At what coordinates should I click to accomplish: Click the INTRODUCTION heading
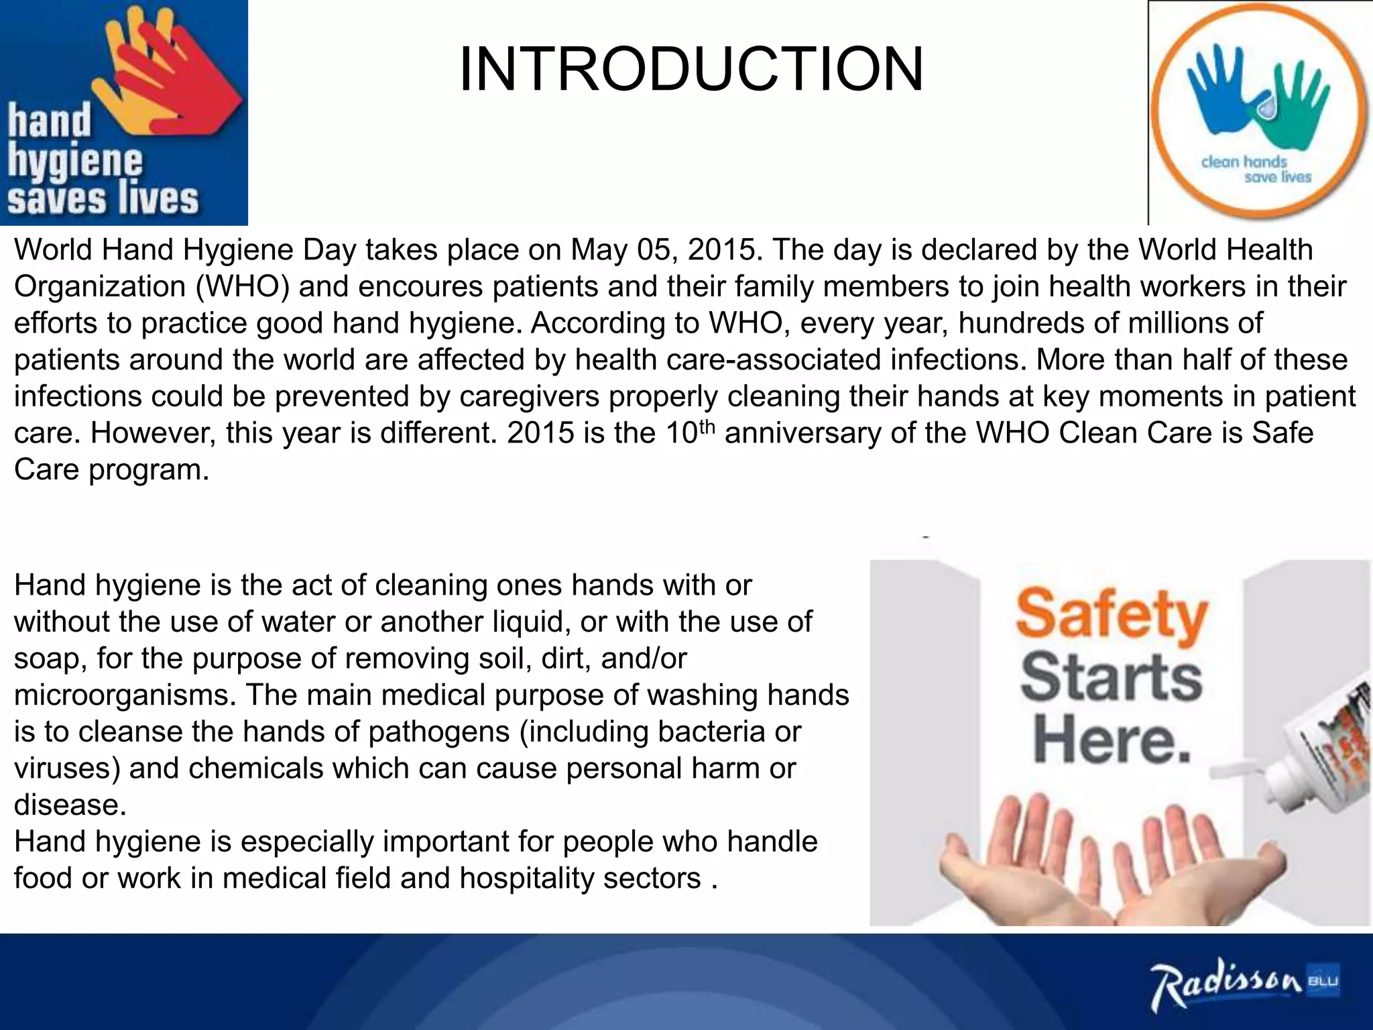point(691,69)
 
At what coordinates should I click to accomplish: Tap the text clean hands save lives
point(1254,170)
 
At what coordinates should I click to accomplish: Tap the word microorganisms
point(125,695)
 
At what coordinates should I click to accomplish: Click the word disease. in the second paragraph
point(70,805)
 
